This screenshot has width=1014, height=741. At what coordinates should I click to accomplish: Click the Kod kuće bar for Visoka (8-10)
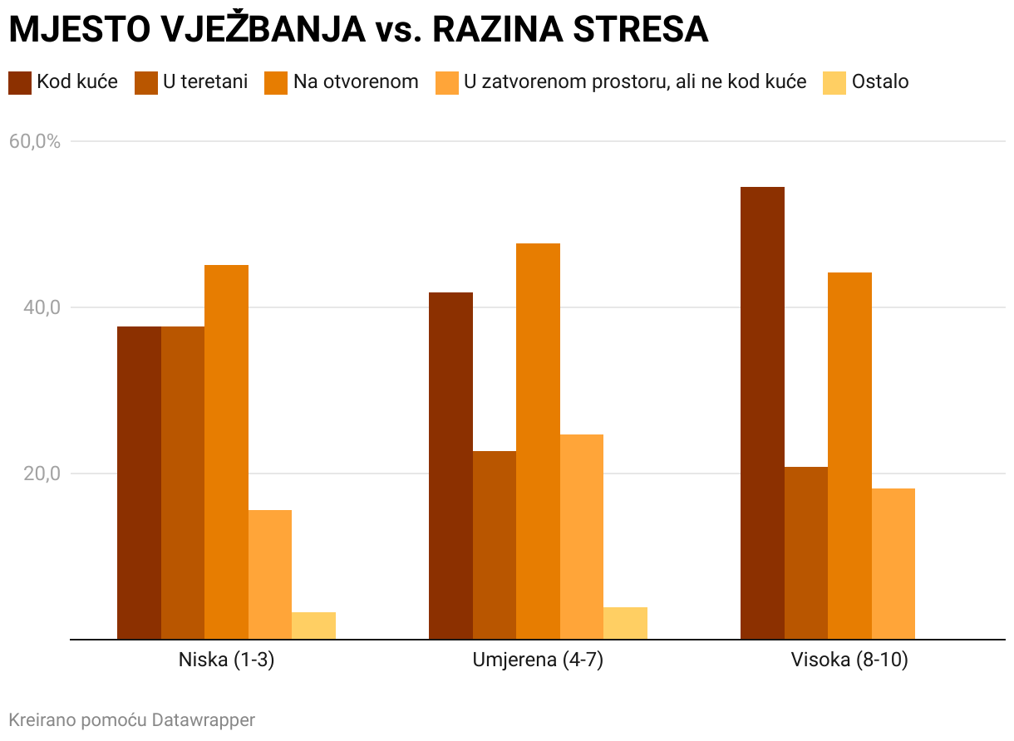762,413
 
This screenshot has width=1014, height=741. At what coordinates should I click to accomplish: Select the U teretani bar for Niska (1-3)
183,483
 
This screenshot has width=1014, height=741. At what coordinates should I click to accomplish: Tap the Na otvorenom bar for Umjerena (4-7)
538,441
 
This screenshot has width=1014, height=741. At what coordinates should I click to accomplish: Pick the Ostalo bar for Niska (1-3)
313,626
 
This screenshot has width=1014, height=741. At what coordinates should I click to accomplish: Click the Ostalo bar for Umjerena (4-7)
625,623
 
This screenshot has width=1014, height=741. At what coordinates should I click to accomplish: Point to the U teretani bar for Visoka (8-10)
806,553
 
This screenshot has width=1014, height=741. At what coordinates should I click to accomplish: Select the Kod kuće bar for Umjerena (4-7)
450,465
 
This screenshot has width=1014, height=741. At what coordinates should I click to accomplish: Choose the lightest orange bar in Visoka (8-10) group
893,564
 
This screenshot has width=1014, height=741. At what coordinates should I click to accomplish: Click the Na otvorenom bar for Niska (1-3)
226,452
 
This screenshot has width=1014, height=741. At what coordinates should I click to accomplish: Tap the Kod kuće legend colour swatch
20,82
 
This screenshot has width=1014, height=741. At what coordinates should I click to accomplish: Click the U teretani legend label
205,82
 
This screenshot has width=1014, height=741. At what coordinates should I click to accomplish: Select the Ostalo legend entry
879,82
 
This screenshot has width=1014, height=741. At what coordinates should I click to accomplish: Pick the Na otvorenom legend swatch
276,82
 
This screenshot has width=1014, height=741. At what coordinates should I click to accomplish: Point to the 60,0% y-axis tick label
35,141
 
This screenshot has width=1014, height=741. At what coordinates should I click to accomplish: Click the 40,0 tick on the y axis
41,307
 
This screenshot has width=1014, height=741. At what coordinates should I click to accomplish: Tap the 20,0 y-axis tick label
41,474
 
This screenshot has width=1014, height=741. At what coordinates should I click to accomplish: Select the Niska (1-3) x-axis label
226,661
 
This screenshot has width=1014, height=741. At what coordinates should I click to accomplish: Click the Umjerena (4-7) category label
538,661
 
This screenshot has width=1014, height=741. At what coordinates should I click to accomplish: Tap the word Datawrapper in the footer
204,719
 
